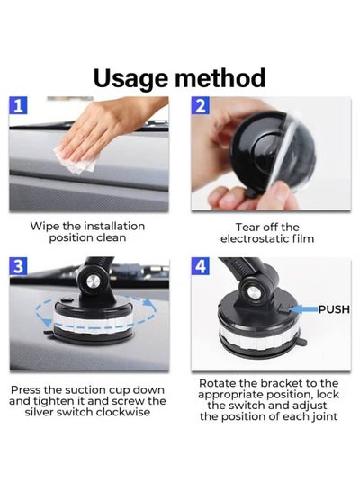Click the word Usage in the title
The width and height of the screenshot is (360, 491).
[130, 78]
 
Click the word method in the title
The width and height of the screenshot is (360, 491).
[220, 77]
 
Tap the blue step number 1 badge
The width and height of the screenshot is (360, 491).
[18, 105]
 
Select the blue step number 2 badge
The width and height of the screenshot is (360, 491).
[201, 105]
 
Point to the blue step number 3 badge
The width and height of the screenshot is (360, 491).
[18, 266]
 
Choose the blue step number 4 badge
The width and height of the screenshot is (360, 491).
[201, 266]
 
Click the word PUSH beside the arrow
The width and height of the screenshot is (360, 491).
[334, 309]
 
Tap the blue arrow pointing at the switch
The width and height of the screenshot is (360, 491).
[303, 309]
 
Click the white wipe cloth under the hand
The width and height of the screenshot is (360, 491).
[76, 161]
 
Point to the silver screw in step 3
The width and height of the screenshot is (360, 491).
[93, 281]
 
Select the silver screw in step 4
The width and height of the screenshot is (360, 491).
[253, 293]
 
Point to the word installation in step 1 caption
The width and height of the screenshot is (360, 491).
[114, 226]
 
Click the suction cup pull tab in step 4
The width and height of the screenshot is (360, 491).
[302, 342]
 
